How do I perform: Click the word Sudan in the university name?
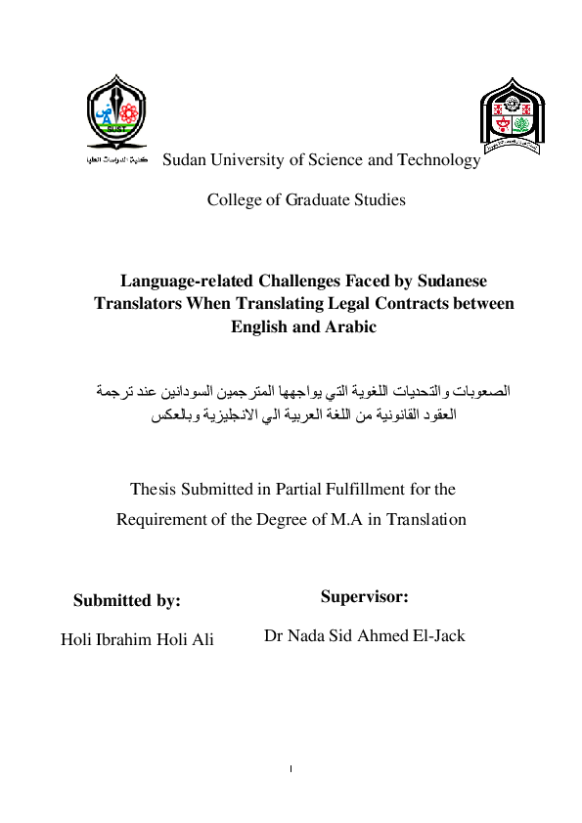[183, 160]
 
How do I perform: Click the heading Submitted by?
[127, 601]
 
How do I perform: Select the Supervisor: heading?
[364, 595]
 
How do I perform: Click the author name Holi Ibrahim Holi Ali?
[137, 640]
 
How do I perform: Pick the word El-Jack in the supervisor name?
[436, 636]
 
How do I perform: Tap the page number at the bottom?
[291, 769]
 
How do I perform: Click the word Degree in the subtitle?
[286, 519]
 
